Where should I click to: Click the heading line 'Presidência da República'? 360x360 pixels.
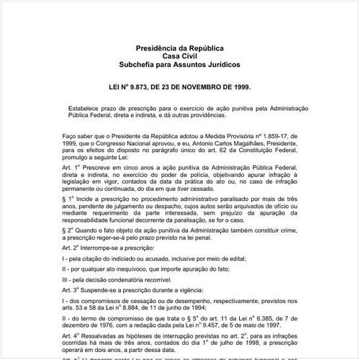[180, 48]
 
